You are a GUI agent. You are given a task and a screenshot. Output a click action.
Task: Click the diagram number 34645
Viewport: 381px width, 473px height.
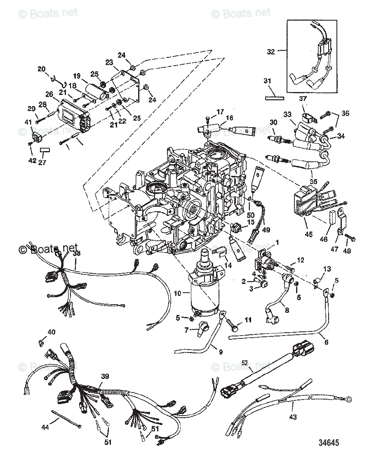point(328,442)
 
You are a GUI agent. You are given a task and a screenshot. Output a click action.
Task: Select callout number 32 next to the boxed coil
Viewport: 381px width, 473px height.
point(270,52)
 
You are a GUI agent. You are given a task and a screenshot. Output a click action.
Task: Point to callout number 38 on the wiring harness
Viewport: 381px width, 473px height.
point(77,255)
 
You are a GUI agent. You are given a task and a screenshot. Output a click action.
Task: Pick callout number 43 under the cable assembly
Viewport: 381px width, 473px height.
point(292,417)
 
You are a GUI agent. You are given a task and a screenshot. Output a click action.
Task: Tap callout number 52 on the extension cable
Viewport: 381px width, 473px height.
point(245,363)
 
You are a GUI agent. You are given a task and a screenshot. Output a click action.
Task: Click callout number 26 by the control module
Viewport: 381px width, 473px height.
point(49,94)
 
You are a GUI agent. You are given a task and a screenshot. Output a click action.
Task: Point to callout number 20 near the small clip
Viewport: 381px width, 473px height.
point(42,69)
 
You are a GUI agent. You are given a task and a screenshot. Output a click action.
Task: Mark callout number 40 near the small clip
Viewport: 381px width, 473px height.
point(51,332)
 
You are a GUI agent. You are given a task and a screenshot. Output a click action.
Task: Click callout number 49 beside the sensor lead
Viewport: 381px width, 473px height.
point(266,230)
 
